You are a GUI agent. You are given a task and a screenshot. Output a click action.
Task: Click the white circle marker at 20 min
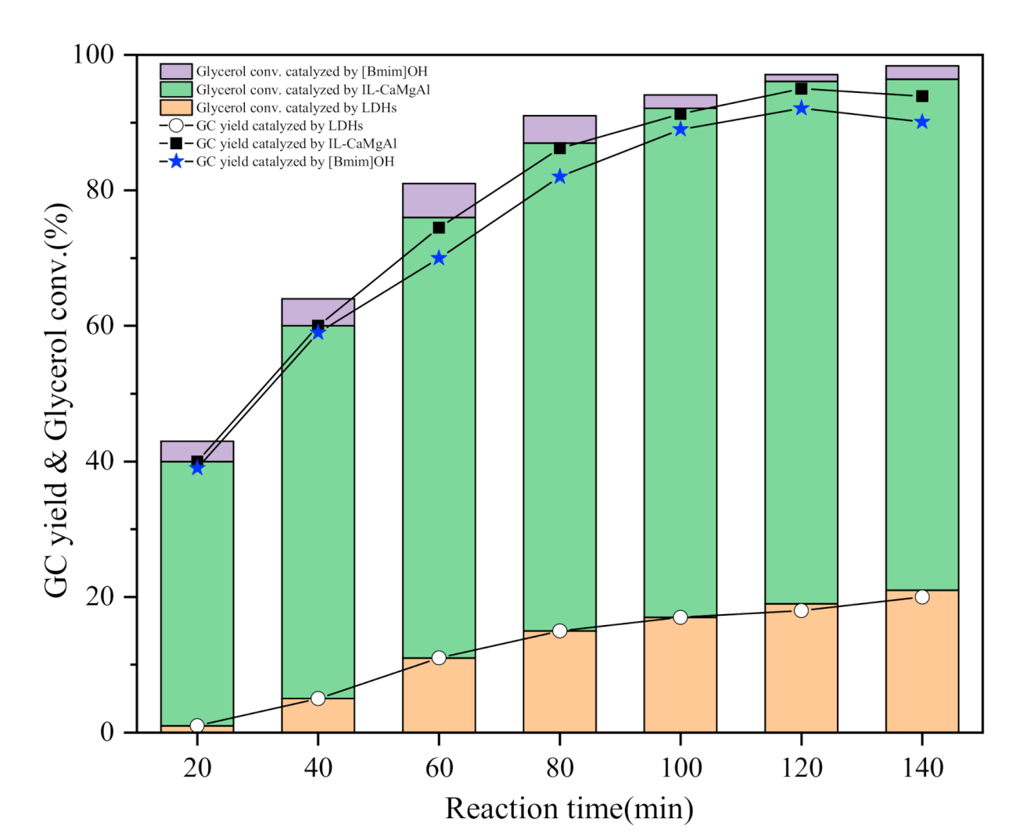197,725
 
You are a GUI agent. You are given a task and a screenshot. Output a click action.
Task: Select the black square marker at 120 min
801,88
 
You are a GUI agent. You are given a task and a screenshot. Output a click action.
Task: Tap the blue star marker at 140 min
922,122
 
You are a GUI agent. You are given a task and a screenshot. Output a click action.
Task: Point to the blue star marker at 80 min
559,177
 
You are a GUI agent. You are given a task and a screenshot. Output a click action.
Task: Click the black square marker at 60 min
439,227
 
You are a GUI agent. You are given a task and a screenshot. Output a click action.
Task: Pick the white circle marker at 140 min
922,597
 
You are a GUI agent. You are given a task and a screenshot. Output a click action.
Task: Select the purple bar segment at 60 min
439,200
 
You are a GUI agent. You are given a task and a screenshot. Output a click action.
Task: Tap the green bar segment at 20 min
197,593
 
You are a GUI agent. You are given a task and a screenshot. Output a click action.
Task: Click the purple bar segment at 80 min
559,129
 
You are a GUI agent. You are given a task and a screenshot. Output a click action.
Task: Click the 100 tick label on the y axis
93,55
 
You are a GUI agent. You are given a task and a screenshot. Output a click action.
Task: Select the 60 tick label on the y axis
100,326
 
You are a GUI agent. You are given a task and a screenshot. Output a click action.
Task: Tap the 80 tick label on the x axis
559,768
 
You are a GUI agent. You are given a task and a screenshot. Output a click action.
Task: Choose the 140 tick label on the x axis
922,768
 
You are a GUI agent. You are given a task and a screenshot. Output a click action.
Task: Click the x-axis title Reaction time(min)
569,809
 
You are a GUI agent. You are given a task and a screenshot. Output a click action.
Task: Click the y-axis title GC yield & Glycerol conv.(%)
58,400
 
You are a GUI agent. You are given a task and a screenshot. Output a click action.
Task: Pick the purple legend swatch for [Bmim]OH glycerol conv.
176,72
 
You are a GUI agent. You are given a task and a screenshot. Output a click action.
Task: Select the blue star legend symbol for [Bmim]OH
176,162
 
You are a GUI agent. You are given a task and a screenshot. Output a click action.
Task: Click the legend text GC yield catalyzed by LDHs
279,126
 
